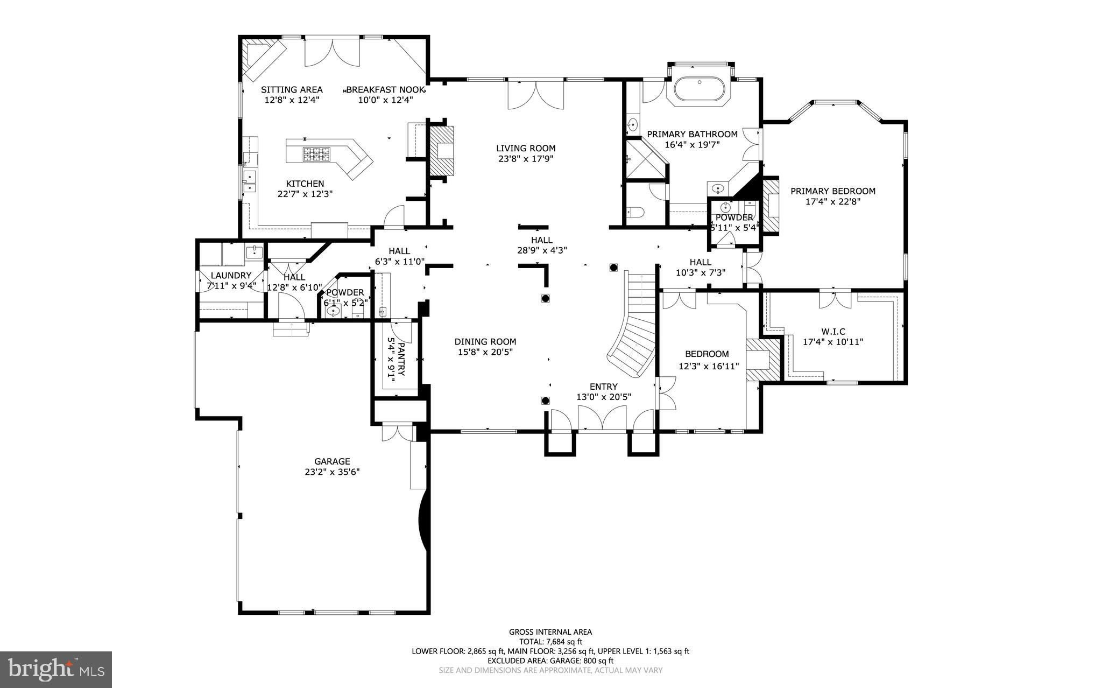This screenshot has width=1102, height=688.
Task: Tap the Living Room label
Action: pos(525,149)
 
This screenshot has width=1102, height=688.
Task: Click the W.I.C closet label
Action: pos(832,332)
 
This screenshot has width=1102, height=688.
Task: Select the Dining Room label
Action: pos(485,341)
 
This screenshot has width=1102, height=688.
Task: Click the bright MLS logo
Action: pos(55,669)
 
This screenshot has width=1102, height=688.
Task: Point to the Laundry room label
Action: pos(231,276)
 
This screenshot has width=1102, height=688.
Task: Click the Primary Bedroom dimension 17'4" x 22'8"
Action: pos(833,202)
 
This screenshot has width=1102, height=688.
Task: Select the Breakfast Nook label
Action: pos(386,90)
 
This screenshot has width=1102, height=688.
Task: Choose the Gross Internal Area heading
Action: pos(550,632)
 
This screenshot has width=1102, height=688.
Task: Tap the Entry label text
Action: pos(603,387)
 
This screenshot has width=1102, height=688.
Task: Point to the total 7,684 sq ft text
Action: pos(550,642)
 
